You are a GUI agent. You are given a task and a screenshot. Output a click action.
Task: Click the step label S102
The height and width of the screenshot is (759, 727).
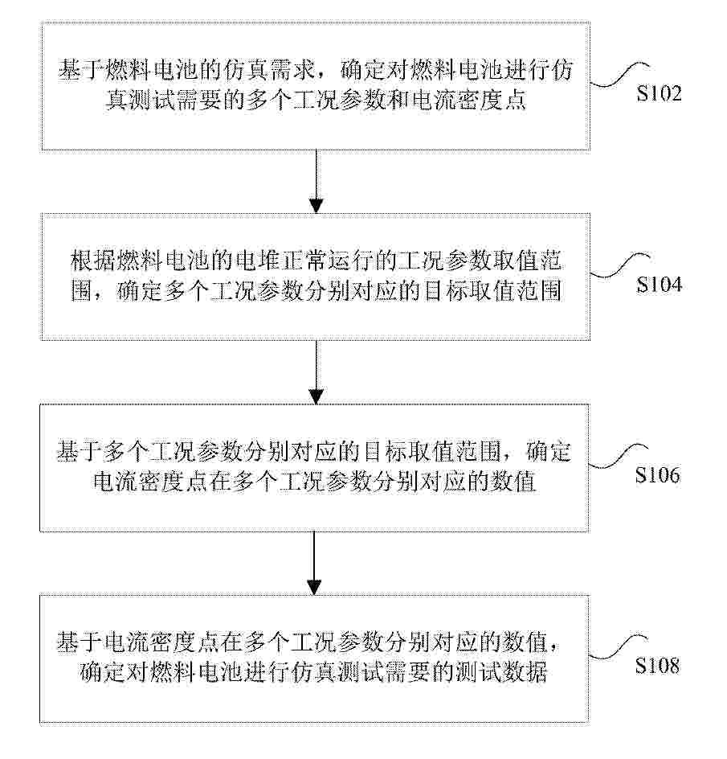pyautogui.click(x=659, y=93)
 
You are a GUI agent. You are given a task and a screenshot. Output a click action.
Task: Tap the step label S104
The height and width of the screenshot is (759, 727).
pyautogui.click(x=659, y=284)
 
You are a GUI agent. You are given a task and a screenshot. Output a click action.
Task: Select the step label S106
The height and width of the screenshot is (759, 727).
pyautogui.click(x=658, y=475)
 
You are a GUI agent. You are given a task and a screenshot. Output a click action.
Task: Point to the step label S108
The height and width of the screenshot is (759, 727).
pyautogui.click(x=658, y=666)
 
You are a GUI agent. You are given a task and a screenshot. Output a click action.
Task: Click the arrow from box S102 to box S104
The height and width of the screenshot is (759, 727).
pyautogui.click(x=316, y=182)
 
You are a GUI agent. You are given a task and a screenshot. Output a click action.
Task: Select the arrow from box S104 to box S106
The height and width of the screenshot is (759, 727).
pyautogui.click(x=316, y=372)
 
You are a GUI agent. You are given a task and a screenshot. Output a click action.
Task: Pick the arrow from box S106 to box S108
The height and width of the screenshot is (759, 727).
pyautogui.click(x=315, y=563)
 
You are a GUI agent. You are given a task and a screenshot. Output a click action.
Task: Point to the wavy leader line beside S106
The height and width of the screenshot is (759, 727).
pyautogui.click(x=619, y=457)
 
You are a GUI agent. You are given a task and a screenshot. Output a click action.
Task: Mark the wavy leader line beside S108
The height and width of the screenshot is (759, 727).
pyautogui.click(x=619, y=648)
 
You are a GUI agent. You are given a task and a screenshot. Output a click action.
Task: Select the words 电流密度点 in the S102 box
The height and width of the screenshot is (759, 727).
pyautogui.click(x=468, y=101)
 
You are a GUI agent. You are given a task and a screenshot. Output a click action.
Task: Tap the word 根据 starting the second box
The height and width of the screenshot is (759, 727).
pyautogui.click(x=93, y=261)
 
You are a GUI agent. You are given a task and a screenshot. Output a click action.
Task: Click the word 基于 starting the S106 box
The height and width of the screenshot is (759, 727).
pyautogui.click(x=80, y=452)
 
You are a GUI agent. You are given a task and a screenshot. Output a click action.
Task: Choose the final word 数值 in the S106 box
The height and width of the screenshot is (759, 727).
pyautogui.click(x=513, y=482)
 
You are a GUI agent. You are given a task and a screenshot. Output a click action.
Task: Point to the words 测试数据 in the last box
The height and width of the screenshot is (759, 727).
pyautogui.click(x=501, y=673)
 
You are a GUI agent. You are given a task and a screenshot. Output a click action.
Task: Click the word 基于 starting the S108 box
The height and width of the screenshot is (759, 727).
pyautogui.click(x=80, y=643)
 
